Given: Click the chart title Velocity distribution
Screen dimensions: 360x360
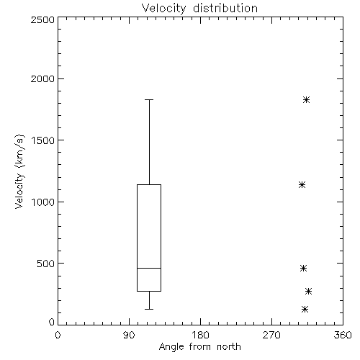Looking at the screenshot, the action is (x=199, y=8).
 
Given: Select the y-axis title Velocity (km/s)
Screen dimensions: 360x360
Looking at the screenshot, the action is (x=19, y=171).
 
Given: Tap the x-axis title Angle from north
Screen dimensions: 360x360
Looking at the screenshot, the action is (x=199, y=347).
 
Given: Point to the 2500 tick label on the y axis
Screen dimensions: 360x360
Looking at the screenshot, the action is (x=42, y=19).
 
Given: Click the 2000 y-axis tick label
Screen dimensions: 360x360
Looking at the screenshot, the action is (x=42, y=78).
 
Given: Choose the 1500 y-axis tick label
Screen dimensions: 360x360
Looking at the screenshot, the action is (x=43, y=140).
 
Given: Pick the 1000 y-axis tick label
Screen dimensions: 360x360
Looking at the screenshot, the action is (x=43, y=202).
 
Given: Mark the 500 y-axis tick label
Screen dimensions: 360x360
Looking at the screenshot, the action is (x=46, y=264).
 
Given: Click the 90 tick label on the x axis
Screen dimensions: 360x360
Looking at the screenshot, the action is (x=129, y=335).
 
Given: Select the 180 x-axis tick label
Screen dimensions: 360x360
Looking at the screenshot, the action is (x=200, y=335).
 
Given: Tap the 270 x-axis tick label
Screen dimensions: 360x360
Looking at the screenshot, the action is (x=271, y=335).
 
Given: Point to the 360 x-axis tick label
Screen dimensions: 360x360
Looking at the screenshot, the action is (x=343, y=335).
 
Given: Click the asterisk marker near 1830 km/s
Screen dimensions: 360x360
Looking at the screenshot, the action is (x=306, y=99).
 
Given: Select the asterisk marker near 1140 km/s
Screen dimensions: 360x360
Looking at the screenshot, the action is (x=302, y=184).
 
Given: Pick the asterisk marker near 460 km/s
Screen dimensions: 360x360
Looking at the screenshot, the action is (x=303, y=268).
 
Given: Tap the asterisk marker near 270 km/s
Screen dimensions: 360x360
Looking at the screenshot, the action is (x=308, y=292).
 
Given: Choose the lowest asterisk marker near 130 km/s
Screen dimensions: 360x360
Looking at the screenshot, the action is (x=305, y=309).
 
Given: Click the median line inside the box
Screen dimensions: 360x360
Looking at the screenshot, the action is (x=149, y=268).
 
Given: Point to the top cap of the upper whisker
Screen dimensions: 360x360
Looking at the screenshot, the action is (x=149, y=99).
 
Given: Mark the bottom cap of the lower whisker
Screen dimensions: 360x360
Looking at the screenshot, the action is (x=149, y=309).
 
